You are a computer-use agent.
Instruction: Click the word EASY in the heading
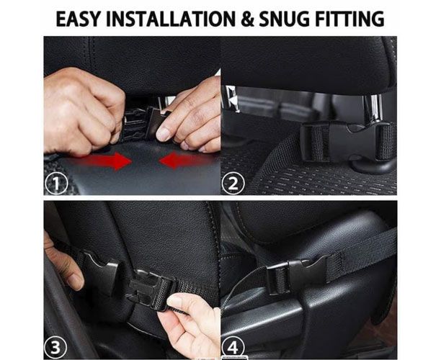[x=78, y=19]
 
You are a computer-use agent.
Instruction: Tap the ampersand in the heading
[x=247, y=19]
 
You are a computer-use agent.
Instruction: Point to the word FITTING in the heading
[x=349, y=19]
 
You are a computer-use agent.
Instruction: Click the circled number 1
[x=56, y=184]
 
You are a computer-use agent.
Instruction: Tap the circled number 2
[x=233, y=184]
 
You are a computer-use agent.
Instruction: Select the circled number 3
[x=55, y=347]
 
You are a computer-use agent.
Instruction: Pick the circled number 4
[x=233, y=348]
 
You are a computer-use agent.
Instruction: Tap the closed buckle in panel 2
[x=347, y=143]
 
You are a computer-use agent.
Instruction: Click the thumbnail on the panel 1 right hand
[x=164, y=135]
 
